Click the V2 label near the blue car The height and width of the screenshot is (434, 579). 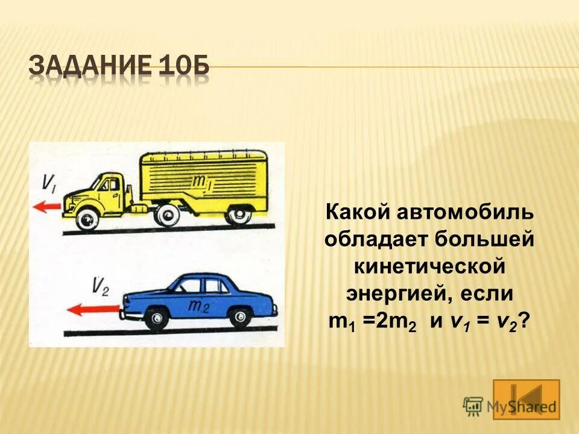tap(100, 286)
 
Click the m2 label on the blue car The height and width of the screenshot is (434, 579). tap(198, 306)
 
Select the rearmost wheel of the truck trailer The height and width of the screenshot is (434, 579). tap(241, 214)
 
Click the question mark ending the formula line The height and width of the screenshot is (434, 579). tap(525, 322)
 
